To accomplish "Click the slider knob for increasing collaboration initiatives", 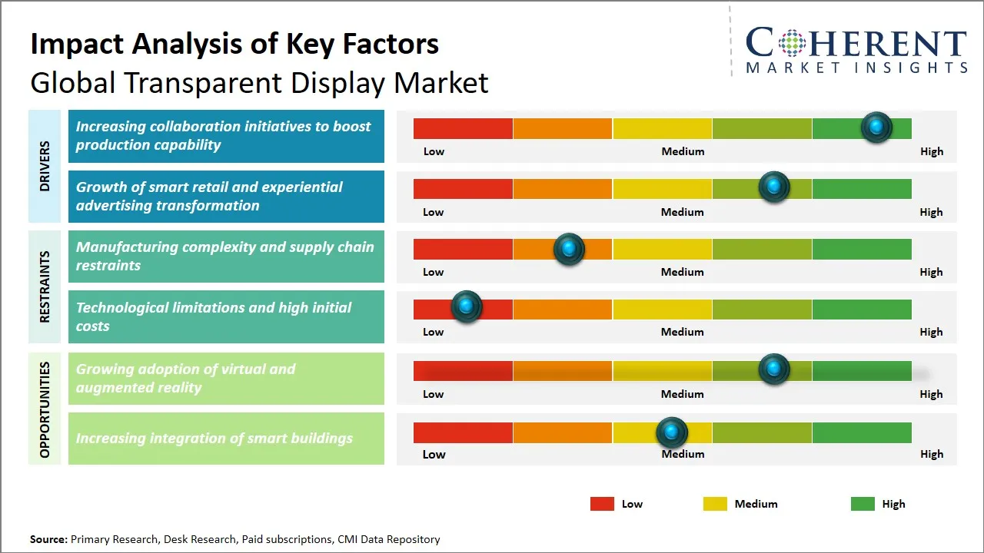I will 876,127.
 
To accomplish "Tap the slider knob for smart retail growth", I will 774,187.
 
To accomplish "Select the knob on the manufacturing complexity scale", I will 569,249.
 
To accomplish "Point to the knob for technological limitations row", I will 466,306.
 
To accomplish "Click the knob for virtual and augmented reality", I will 774,369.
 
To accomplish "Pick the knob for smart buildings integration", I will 672,433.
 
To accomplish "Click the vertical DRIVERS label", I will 45,166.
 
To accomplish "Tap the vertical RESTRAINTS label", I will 45,286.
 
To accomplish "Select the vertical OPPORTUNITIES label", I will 45,409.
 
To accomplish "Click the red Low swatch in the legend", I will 602,504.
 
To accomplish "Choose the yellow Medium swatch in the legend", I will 715,504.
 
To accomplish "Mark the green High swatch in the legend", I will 863,504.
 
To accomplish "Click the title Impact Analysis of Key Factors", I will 234,45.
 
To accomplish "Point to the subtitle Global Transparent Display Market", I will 259,83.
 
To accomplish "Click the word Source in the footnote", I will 48,539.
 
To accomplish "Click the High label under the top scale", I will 931,151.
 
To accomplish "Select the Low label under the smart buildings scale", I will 434,454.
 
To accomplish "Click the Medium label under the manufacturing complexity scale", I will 683,272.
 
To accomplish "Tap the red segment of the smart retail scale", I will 463,189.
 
